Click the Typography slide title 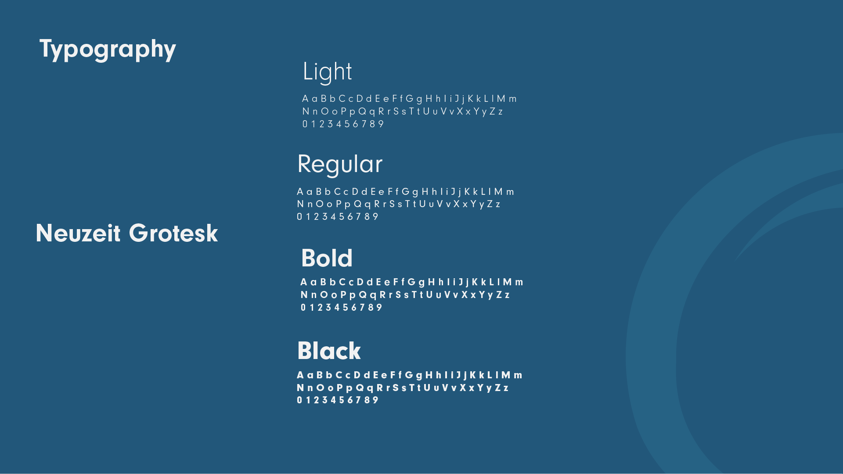[x=108, y=50]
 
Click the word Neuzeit [x=78, y=233]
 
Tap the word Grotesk [x=173, y=233]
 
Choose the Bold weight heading [x=327, y=258]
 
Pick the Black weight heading [x=329, y=351]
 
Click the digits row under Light [x=343, y=124]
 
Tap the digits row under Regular [x=338, y=217]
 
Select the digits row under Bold [x=342, y=308]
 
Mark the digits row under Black [x=338, y=400]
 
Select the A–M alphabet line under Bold [x=412, y=282]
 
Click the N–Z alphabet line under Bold [x=405, y=295]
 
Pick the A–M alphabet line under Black [x=410, y=375]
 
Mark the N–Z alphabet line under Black [x=403, y=388]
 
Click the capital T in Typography [x=46, y=48]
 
